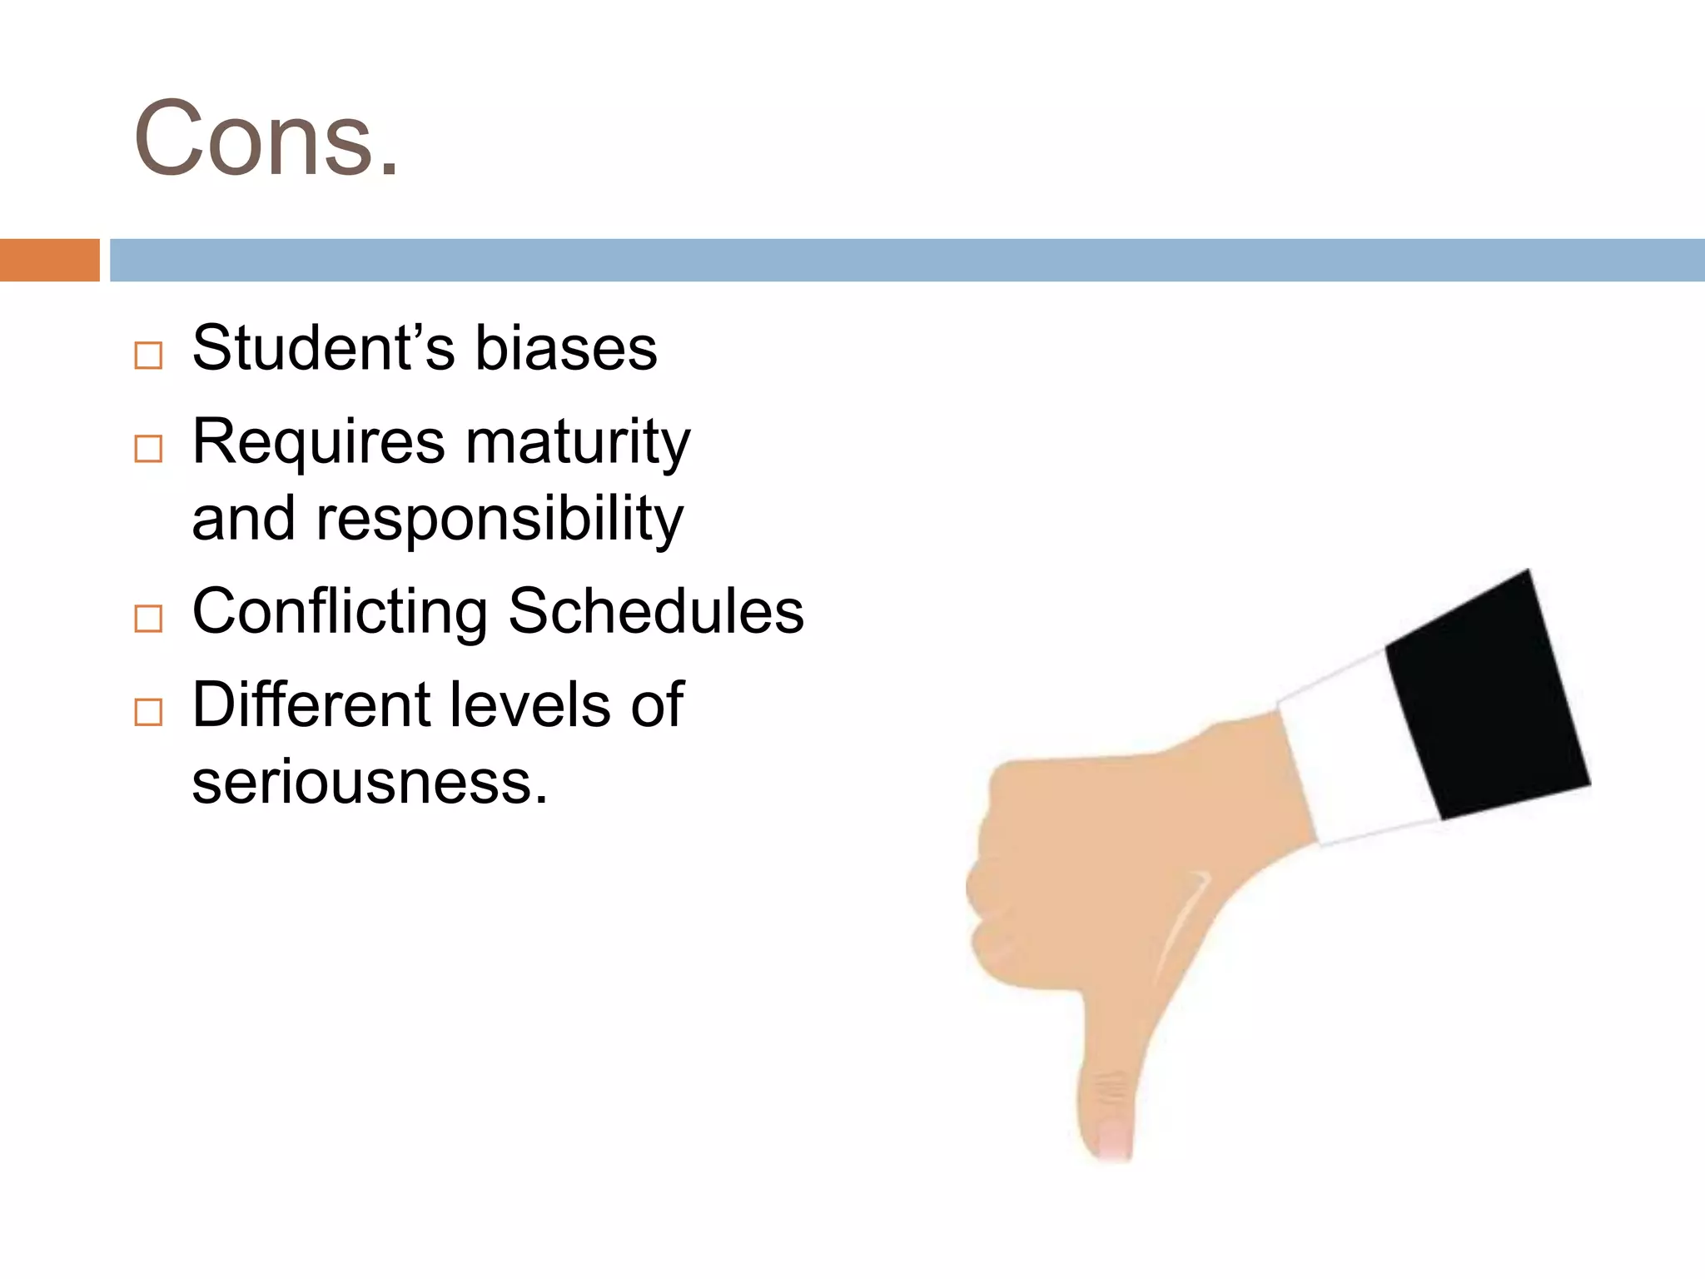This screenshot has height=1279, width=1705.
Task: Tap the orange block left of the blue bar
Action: click(49, 260)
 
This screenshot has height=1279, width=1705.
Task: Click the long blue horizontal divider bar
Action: click(907, 260)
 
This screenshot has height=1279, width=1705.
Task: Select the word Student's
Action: click(323, 347)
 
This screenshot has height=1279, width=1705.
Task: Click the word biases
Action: click(566, 347)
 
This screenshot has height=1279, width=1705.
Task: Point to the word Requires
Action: click(319, 442)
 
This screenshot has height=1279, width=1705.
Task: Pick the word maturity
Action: click(578, 442)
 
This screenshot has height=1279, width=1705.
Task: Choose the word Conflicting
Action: click(340, 612)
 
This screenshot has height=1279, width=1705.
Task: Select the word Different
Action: click(310, 704)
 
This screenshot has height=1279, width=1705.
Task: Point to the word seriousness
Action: click(370, 783)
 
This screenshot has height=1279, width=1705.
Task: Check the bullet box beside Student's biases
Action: click(148, 356)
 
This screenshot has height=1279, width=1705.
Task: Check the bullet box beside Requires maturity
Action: click(148, 450)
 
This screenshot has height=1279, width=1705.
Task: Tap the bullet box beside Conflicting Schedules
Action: click(148, 619)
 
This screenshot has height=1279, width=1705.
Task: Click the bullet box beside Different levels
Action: click(148, 713)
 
